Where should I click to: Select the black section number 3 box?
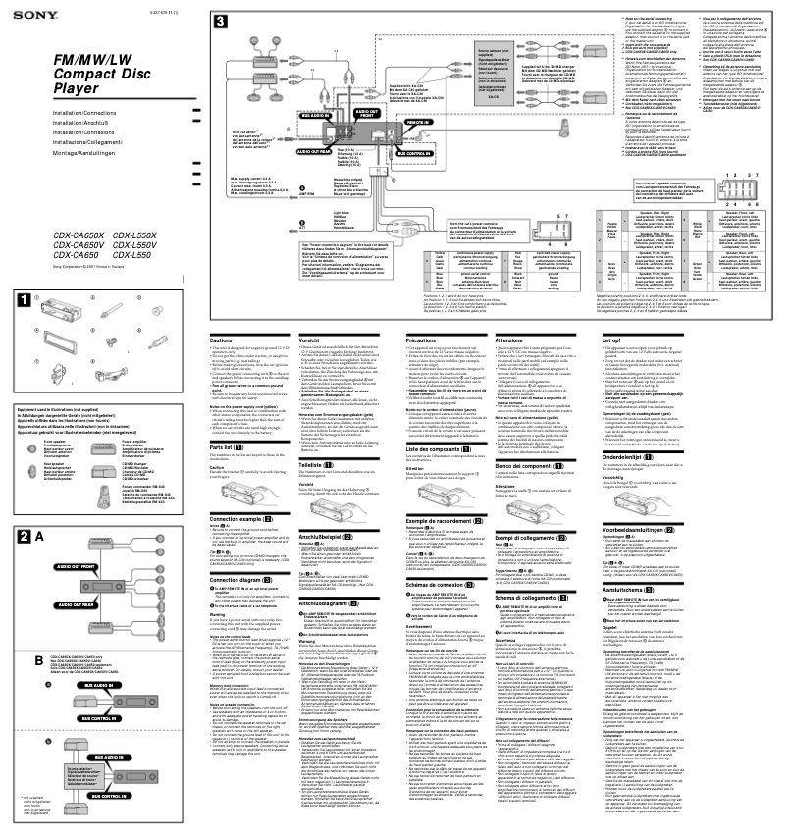coord(220,21)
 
